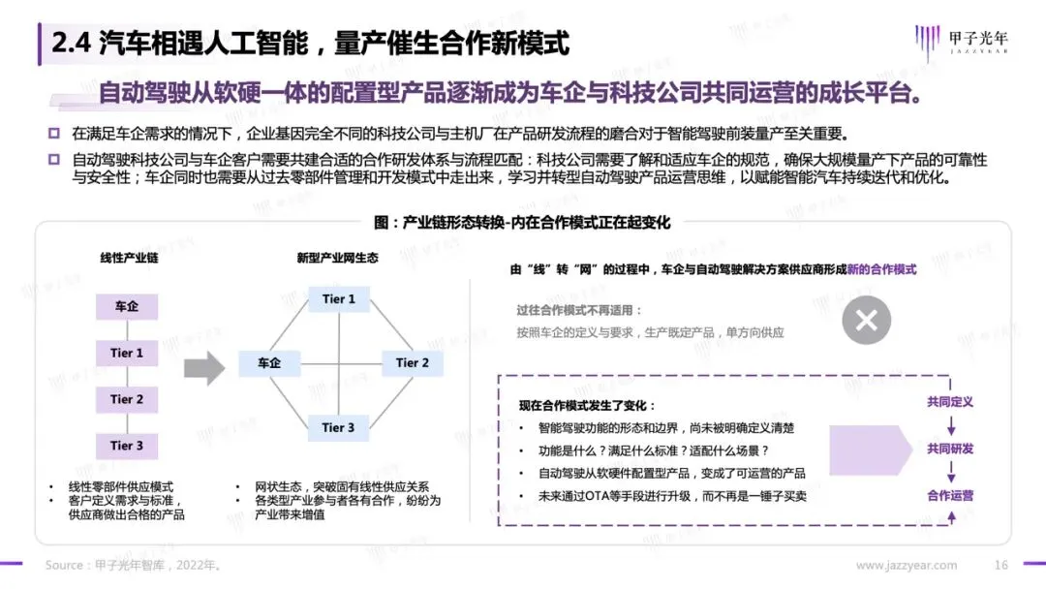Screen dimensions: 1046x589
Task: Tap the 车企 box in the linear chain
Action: [x=127, y=307]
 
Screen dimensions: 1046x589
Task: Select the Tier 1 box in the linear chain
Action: [x=127, y=354]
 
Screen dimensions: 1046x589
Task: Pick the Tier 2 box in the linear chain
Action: [x=127, y=399]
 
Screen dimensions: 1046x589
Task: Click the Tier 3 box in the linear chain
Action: [x=127, y=446]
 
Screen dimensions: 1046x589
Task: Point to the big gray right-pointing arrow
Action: [x=204, y=367]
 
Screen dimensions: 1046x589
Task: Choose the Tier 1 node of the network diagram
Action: [x=339, y=299]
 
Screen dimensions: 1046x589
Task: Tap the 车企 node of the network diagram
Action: [x=269, y=363]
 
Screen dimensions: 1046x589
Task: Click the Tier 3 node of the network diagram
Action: [x=339, y=427]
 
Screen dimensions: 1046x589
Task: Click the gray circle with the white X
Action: [x=866, y=320]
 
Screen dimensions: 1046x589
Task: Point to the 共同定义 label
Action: [x=950, y=402]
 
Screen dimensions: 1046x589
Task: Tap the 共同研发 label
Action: [x=950, y=449]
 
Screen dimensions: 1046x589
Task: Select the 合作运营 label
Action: [x=950, y=495]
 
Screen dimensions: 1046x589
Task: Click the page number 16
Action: [x=1002, y=566]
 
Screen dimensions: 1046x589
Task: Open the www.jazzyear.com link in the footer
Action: [x=907, y=566]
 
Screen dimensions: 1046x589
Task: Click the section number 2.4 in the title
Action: [x=71, y=45]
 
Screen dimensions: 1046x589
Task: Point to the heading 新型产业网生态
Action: [x=337, y=259]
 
